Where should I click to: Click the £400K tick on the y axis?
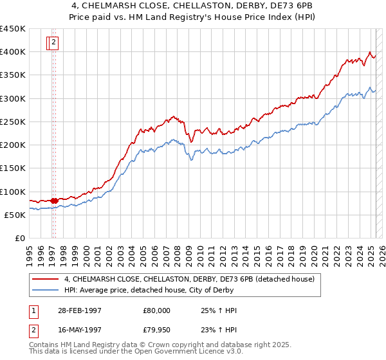tap(13, 51)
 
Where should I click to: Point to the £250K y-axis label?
tap(13, 122)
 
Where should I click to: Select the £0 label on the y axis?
tap(20, 239)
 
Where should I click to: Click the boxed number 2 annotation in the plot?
tap(54, 43)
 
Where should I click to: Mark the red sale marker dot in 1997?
tap(54, 201)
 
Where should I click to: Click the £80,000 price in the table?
tap(157, 310)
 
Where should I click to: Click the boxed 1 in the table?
tap(33, 310)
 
